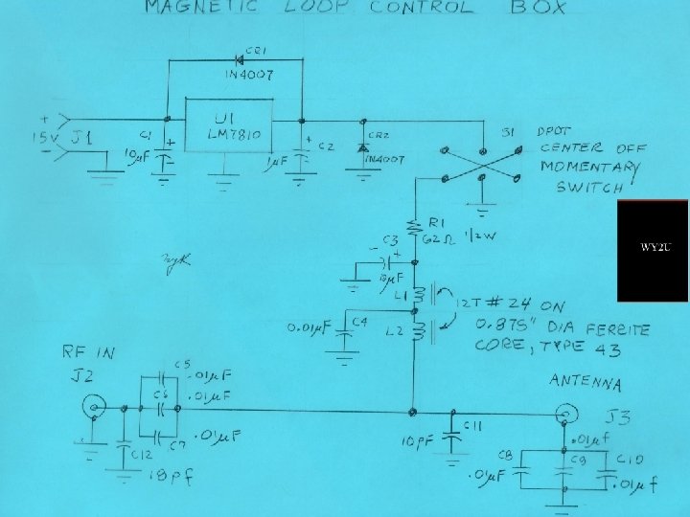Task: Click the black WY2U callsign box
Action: point(653,250)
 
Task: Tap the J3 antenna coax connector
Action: point(566,414)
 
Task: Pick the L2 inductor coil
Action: point(417,331)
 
